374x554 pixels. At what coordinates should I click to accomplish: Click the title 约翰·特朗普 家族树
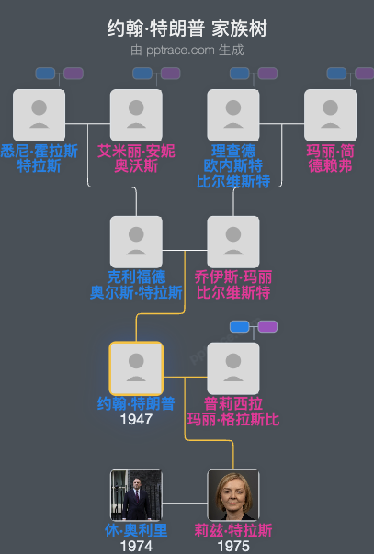pos(187,29)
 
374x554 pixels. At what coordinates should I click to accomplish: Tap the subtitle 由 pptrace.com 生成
pos(187,50)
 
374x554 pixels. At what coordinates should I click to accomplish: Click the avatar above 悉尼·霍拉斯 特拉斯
pos(39,115)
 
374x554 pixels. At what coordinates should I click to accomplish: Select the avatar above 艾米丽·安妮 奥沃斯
pos(136,115)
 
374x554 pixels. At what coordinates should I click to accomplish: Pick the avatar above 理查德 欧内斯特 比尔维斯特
pos(233,115)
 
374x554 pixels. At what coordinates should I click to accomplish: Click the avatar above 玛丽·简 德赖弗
pos(331,115)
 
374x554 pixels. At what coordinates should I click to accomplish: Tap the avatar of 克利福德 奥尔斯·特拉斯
pos(136,242)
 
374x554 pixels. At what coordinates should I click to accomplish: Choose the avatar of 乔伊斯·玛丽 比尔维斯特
pos(233,242)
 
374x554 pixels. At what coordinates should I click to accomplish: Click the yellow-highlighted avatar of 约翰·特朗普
pos(136,368)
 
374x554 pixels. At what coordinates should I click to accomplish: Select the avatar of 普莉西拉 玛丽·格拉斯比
pos(233,368)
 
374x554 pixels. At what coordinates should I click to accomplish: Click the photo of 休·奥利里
pos(136,495)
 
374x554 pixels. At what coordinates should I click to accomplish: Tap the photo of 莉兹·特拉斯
pos(233,495)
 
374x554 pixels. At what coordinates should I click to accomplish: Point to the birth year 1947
pos(136,419)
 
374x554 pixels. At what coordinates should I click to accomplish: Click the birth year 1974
pos(136,546)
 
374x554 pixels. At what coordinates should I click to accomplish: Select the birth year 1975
pos(233,546)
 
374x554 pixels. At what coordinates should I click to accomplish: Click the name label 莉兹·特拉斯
pos(233,531)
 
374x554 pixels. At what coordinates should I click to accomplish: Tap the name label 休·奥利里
pos(136,531)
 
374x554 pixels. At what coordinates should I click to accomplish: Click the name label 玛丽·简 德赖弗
pos(331,158)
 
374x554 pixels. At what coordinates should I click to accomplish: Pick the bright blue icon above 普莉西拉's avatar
pos(240,326)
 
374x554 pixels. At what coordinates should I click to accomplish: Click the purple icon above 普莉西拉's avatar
pos(267,326)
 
